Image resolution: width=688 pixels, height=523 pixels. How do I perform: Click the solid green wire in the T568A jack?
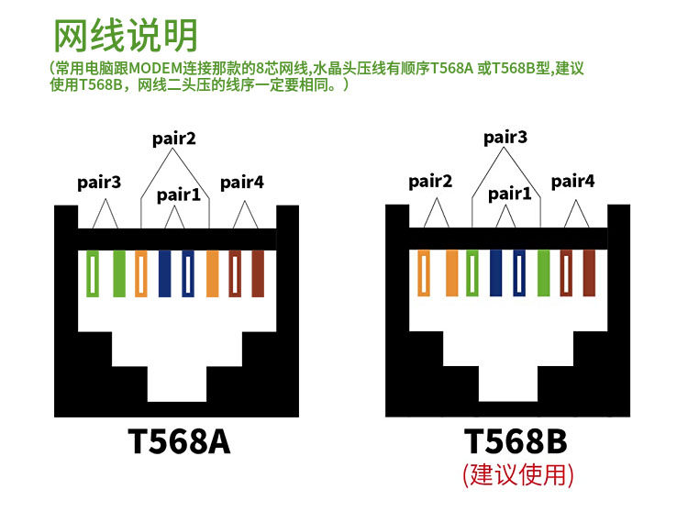tap(119, 273)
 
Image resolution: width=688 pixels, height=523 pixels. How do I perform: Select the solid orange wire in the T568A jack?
tap(213, 273)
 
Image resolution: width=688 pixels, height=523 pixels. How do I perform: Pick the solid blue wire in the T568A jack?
tap(164, 273)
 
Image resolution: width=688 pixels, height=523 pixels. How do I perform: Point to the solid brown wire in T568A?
tap(258, 273)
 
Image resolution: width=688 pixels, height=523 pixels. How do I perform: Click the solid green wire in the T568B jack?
tap(544, 273)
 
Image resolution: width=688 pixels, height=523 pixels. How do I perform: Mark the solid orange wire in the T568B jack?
tap(451, 273)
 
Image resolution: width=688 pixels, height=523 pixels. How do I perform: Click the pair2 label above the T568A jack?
tap(173, 139)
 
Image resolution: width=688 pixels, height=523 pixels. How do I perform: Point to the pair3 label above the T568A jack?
tap(99, 183)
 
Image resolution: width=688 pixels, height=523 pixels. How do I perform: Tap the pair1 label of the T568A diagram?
tap(179, 195)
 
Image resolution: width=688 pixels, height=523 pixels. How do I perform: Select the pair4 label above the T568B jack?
tap(572, 181)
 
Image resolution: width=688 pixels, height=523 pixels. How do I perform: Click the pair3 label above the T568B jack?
tap(505, 138)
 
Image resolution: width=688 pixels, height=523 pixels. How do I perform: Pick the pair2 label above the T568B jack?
tap(430, 181)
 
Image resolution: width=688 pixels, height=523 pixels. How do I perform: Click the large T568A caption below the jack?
tap(179, 441)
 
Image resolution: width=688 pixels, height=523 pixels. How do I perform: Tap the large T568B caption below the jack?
tap(516, 441)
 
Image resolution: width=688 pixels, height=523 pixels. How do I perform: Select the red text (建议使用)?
tap(517, 475)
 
